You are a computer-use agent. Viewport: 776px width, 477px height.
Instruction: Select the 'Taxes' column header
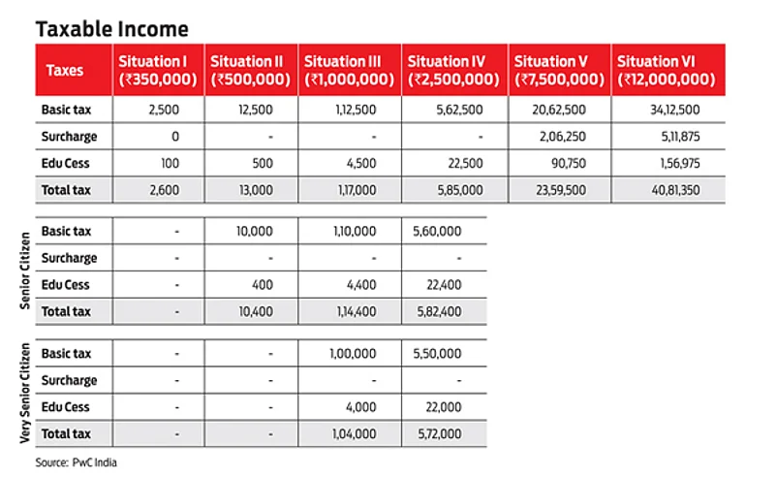tap(65, 70)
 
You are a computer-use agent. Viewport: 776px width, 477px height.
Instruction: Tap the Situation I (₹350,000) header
tap(158, 70)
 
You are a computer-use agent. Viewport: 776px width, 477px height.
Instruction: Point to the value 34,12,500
tap(671, 110)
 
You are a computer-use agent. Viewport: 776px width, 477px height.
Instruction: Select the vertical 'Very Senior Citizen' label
tap(25, 393)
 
